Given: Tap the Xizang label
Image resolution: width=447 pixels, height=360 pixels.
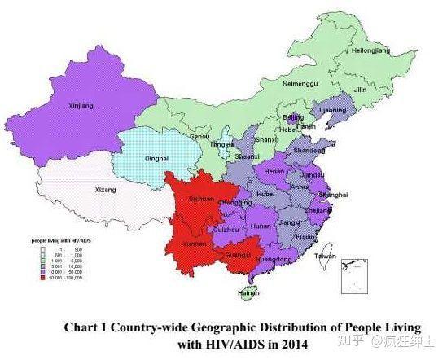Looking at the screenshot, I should (x=106, y=189).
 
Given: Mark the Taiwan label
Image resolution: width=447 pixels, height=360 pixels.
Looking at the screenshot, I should (x=325, y=256).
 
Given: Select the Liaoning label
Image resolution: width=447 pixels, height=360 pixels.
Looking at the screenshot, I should (x=332, y=110).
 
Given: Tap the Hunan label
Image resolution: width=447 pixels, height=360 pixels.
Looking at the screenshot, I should (x=261, y=225).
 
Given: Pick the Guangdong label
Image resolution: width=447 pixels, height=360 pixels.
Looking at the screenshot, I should (x=274, y=260).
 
